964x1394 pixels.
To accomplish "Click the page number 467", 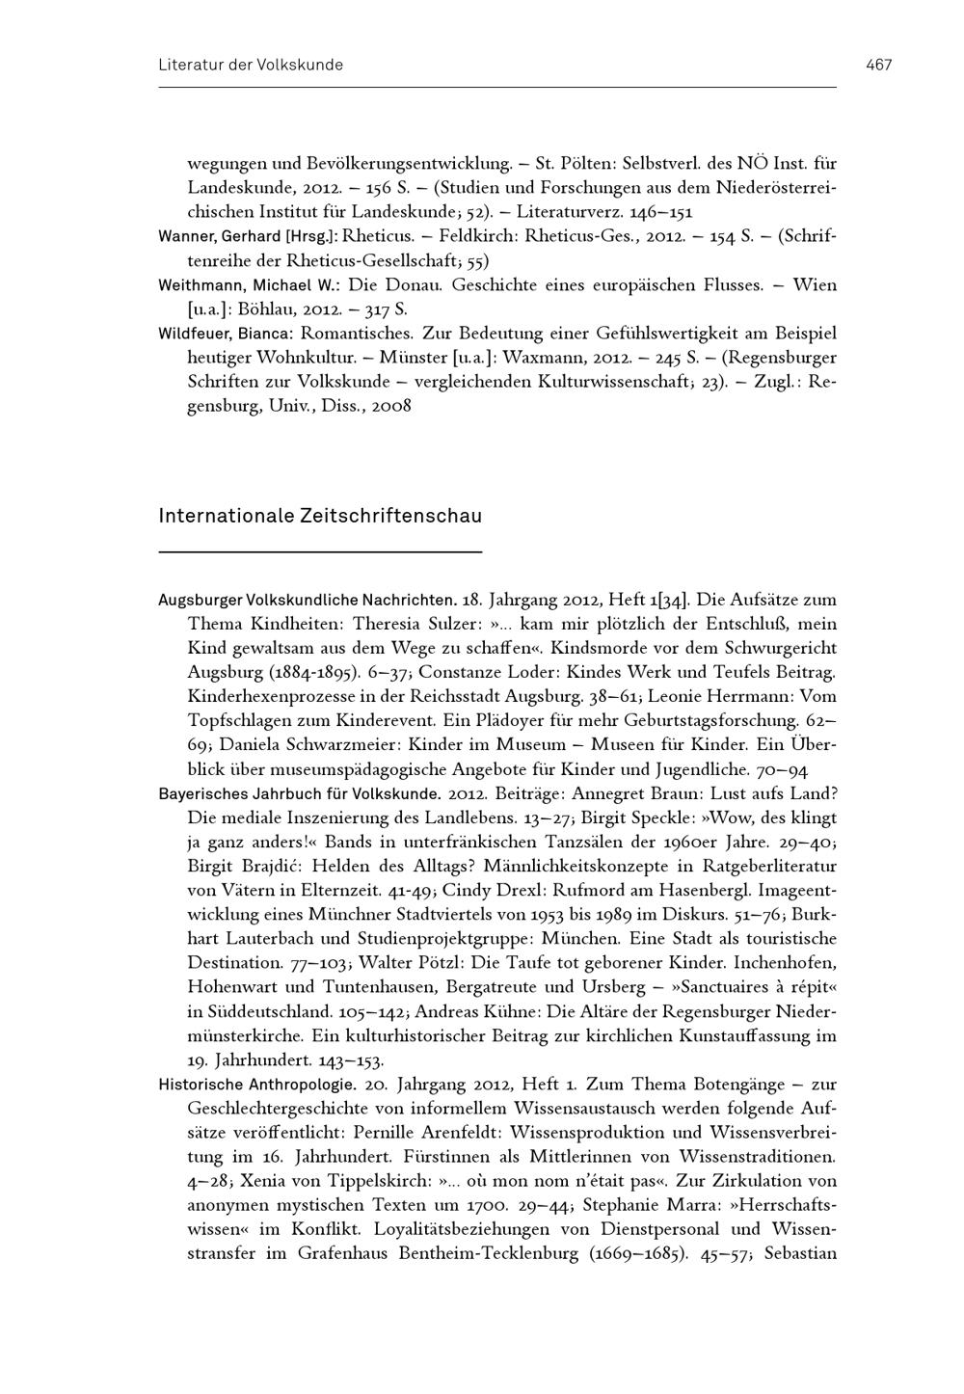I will coord(878,65).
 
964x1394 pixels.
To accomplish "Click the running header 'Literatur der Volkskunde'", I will coord(251,65).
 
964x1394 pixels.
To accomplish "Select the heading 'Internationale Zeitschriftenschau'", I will coord(320,516).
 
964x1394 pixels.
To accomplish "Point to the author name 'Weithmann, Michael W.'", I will coord(248,285).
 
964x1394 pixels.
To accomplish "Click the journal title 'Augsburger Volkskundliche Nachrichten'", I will coord(306,600).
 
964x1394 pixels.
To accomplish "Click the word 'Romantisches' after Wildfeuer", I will coord(358,334).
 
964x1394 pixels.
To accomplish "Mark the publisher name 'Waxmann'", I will coord(546,358).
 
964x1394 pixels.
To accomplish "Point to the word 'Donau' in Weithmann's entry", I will coord(415,285).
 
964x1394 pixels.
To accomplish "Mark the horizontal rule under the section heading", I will coord(320,551).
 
